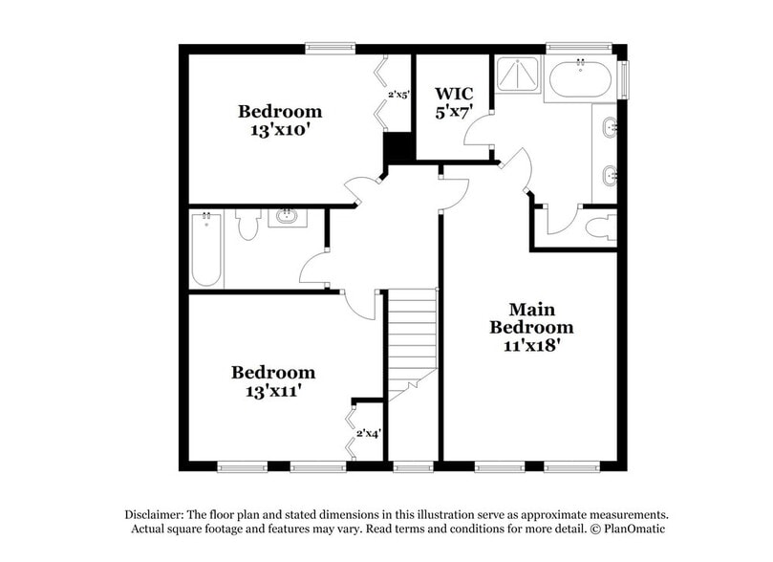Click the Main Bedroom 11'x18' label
(532, 327)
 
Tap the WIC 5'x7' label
(454, 102)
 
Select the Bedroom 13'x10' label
(279, 120)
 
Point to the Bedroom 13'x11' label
(273, 381)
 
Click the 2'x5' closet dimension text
(397, 95)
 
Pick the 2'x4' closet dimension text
(369, 433)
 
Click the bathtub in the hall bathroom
(205, 249)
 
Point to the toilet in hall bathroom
(248, 225)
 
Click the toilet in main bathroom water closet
(600, 227)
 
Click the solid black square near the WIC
(397, 149)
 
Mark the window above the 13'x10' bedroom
(331, 46)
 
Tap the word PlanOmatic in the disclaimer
(634, 529)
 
